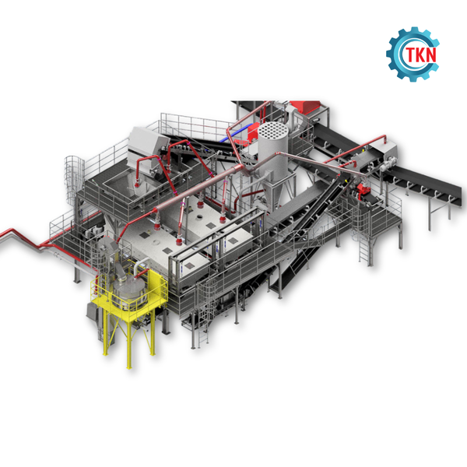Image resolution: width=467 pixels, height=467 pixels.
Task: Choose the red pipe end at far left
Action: [6, 233]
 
